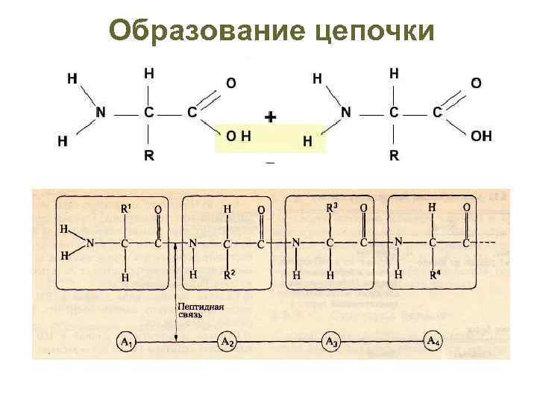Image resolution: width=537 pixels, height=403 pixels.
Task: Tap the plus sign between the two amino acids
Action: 271,116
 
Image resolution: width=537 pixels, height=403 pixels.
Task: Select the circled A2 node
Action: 228,342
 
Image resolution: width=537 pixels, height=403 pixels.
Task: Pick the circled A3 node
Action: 331,342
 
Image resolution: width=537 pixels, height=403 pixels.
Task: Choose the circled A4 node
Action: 433,342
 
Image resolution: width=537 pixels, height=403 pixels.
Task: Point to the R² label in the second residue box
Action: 230,275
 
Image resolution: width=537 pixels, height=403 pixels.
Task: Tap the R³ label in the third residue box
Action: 332,207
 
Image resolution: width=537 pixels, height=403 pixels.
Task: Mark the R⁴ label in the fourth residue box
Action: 434,275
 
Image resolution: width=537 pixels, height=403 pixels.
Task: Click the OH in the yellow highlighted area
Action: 238,136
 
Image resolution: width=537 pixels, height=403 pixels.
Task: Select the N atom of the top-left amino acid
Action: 101,113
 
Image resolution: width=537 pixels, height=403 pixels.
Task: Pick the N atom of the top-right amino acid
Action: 345,113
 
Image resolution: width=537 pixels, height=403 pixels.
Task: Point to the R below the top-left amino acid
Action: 149,156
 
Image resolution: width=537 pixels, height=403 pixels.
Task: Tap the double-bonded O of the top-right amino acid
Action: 475,83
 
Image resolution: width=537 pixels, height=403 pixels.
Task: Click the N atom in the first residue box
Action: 90,242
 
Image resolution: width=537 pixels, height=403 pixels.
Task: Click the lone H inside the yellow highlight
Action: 307,140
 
